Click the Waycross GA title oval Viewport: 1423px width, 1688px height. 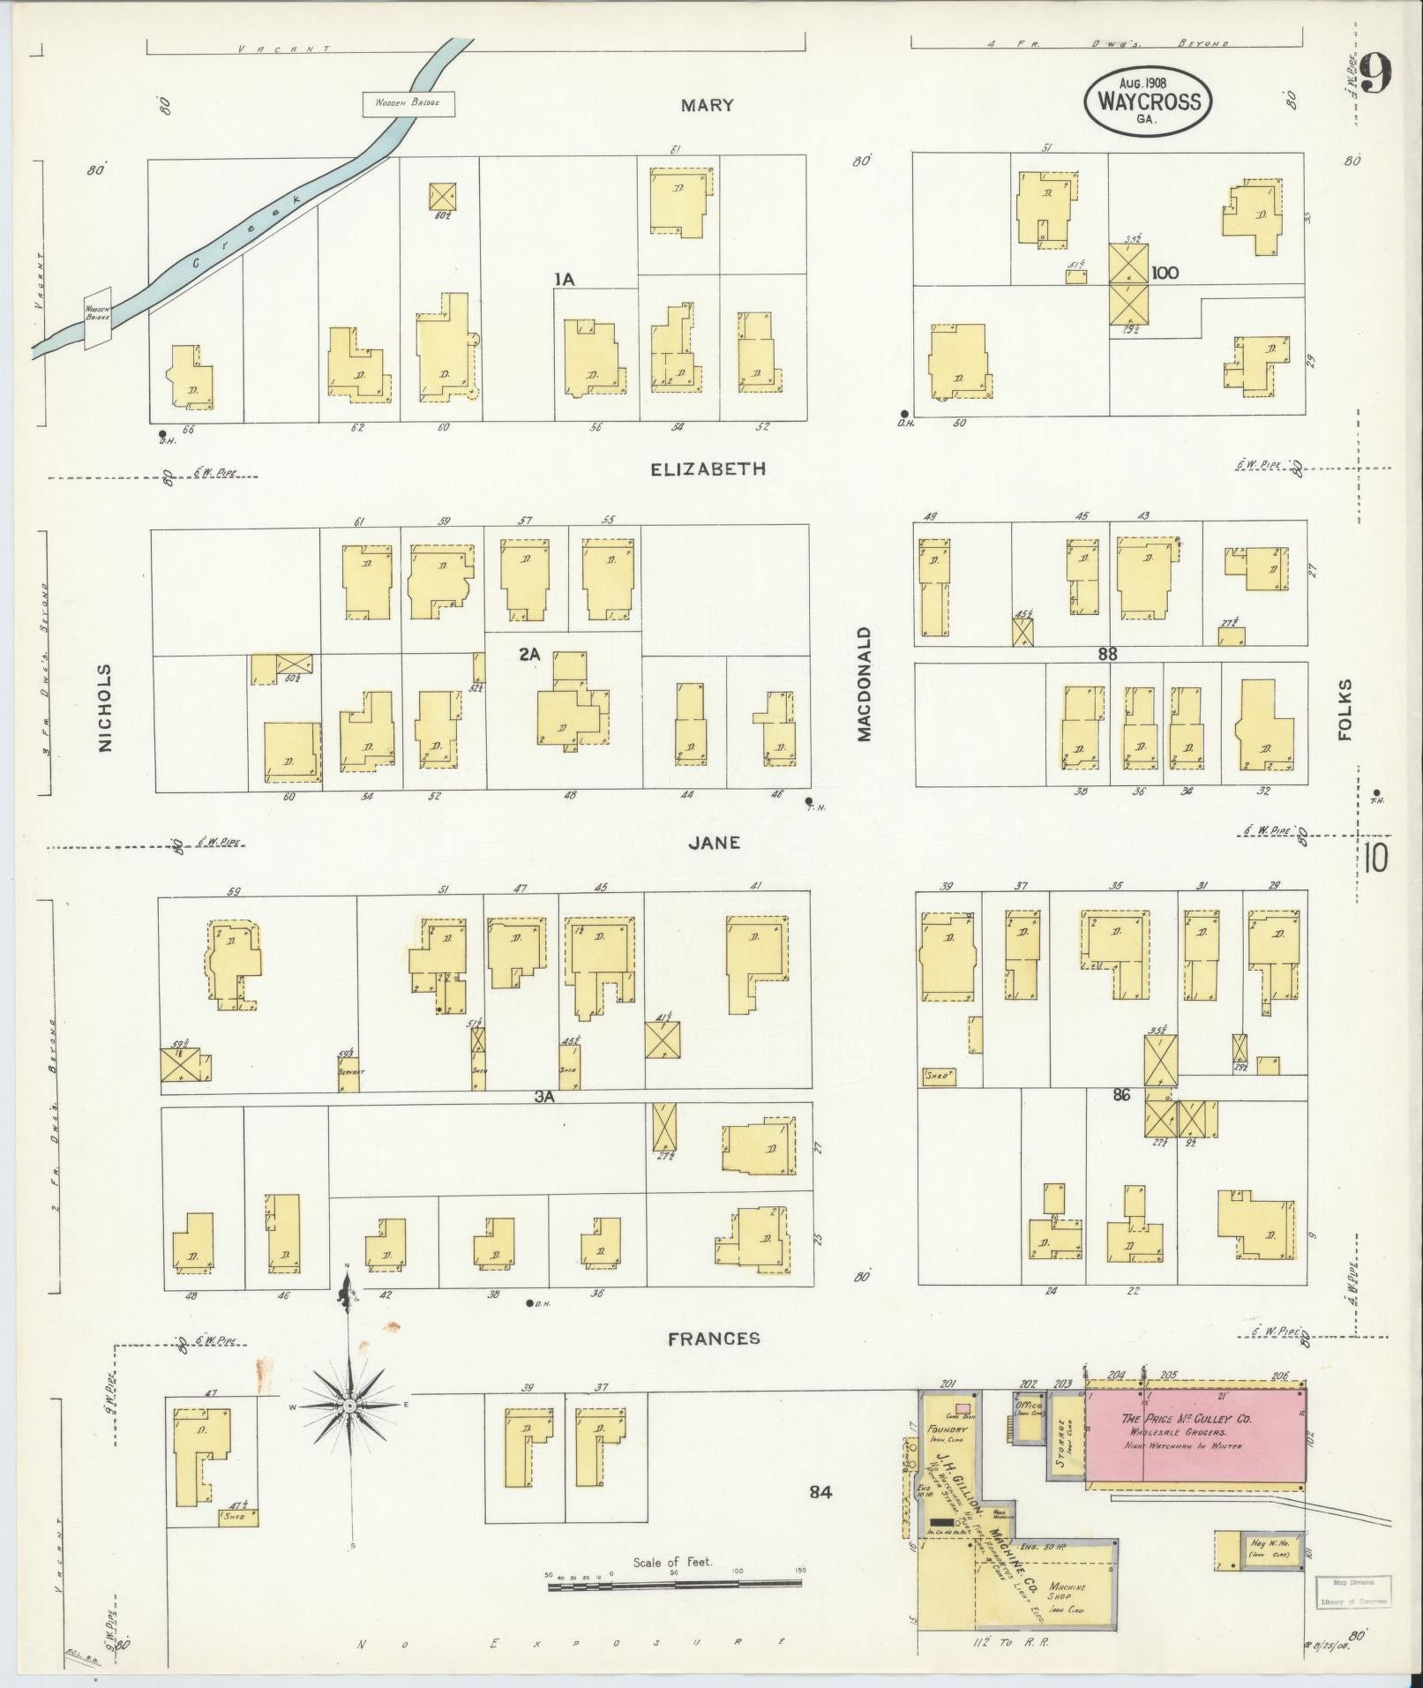click(1147, 101)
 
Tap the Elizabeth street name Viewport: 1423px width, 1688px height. click(708, 469)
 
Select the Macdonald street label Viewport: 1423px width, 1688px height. click(864, 684)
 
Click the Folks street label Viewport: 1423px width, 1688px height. click(1345, 709)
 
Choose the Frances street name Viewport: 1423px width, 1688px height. click(714, 1363)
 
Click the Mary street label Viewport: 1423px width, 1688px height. click(707, 106)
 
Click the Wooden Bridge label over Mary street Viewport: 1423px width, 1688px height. click(408, 104)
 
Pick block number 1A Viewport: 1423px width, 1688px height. click(565, 280)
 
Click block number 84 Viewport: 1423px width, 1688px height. click(820, 1493)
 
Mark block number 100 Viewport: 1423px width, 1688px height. click(1165, 274)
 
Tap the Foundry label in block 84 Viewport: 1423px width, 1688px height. click(953, 1429)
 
